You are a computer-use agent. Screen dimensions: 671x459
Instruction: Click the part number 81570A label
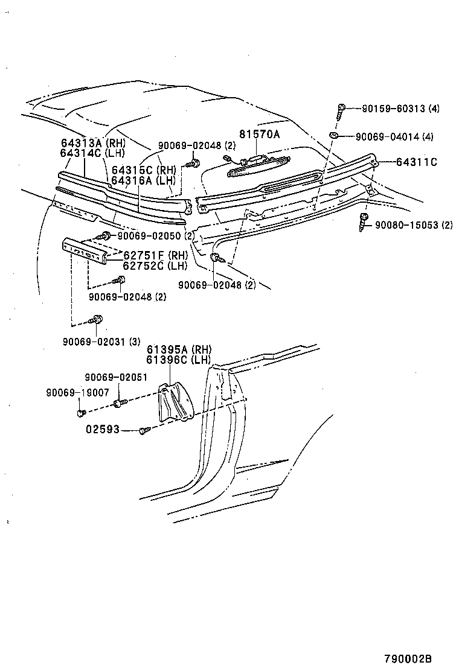point(259,135)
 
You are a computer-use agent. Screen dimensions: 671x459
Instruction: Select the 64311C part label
point(417,162)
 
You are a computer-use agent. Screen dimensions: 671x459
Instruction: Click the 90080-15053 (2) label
point(413,225)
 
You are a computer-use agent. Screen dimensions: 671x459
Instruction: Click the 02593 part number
point(103,430)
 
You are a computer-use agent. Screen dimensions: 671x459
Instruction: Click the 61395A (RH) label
point(179,349)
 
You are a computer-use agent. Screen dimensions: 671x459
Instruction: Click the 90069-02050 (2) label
point(156,235)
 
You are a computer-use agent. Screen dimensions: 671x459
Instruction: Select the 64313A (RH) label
point(92,144)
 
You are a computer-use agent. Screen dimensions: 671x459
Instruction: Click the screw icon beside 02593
point(144,430)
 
